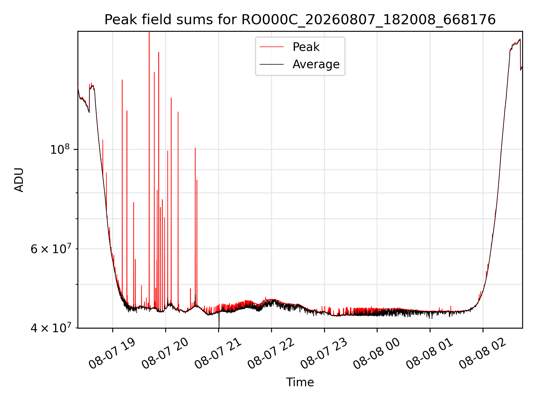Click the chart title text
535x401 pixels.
[300, 20]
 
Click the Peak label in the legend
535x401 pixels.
[306, 47]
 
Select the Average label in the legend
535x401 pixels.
[316, 64]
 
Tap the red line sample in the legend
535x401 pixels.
[272, 47]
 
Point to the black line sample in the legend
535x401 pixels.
[272, 64]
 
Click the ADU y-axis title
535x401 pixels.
[19, 180]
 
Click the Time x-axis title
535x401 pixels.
[300, 382]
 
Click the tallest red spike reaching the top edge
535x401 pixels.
[149, 167]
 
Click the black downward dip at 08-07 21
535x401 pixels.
[219, 320]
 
